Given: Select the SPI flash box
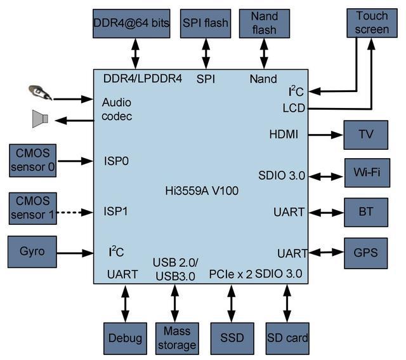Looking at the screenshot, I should (x=206, y=24).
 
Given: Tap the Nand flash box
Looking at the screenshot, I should (x=263, y=24).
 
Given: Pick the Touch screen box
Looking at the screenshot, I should (x=371, y=23).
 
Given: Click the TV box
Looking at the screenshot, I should (x=366, y=135).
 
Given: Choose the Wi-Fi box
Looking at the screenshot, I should (x=366, y=173).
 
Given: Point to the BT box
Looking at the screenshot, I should (x=366, y=212).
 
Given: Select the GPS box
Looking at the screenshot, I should (x=366, y=252).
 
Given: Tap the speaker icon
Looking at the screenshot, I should (x=40, y=119).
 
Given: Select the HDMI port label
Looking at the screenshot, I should (x=284, y=135).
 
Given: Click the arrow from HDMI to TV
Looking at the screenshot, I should (x=324, y=135).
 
